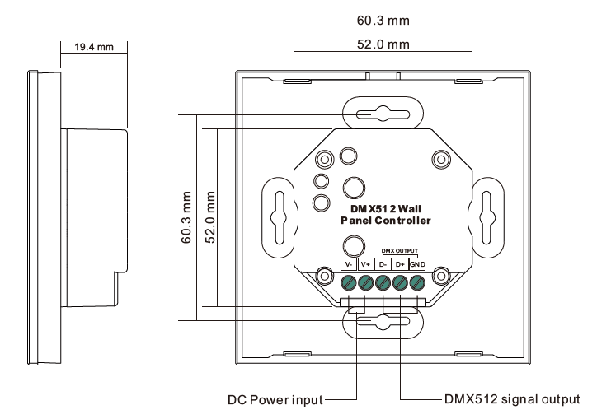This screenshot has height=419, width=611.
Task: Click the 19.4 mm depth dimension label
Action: pyautogui.click(x=94, y=47)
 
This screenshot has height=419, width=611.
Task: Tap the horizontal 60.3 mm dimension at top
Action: pyautogui.click(x=383, y=21)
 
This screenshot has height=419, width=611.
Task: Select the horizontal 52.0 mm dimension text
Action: pyautogui.click(x=383, y=44)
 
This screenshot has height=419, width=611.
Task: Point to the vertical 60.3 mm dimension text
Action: pyautogui.click(x=186, y=217)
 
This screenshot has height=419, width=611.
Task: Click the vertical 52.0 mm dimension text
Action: pyautogui.click(x=210, y=217)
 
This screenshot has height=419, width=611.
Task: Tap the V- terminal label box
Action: pyautogui.click(x=348, y=264)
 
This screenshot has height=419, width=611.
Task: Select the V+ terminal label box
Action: pyautogui.click(x=365, y=264)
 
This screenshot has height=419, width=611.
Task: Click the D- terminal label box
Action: pyautogui.click(x=383, y=264)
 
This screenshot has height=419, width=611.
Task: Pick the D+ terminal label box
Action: pyautogui.click(x=400, y=264)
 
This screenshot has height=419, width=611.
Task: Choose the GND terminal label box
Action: pyautogui.click(x=417, y=264)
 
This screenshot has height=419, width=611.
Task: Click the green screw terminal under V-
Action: pyautogui.click(x=348, y=282)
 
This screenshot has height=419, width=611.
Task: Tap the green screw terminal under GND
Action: pyautogui.click(x=417, y=282)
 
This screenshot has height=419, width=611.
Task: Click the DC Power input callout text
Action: pyautogui.click(x=275, y=400)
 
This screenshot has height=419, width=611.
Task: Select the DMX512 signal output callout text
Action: pyautogui.click(x=512, y=399)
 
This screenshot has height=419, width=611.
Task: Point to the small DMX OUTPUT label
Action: pyautogui.click(x=399, y=251)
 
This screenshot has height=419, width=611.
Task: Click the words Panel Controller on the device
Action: pyautogui.click(x=386, y=221)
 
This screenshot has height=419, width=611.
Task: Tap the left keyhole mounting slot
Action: pyautogui.click(x=280, y=217)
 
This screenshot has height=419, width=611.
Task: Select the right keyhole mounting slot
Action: pyautogui.click(x=486, y=217)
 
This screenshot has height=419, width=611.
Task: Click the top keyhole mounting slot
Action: pyautogui.click(x=383, y=114)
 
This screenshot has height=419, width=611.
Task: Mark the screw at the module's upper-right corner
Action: pyautogui.click(x=441, y=159)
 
